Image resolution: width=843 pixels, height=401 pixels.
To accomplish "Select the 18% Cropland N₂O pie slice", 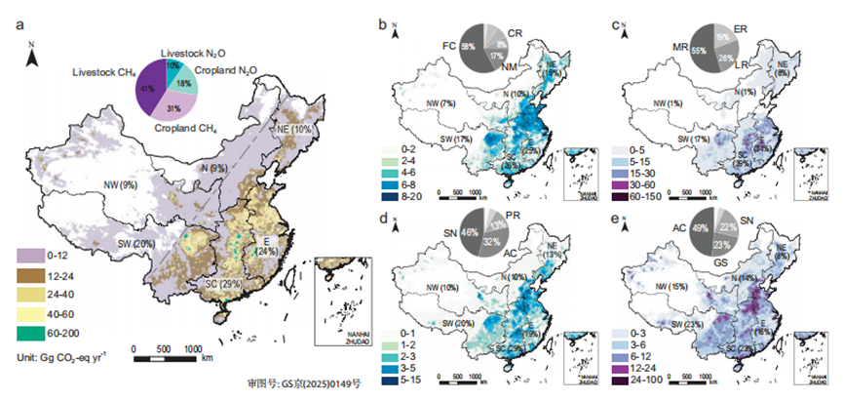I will pyautogui.click(x=182, y=83).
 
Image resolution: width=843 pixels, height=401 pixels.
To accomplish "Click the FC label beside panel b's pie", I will pyautogui.click(x=449, y=45).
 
